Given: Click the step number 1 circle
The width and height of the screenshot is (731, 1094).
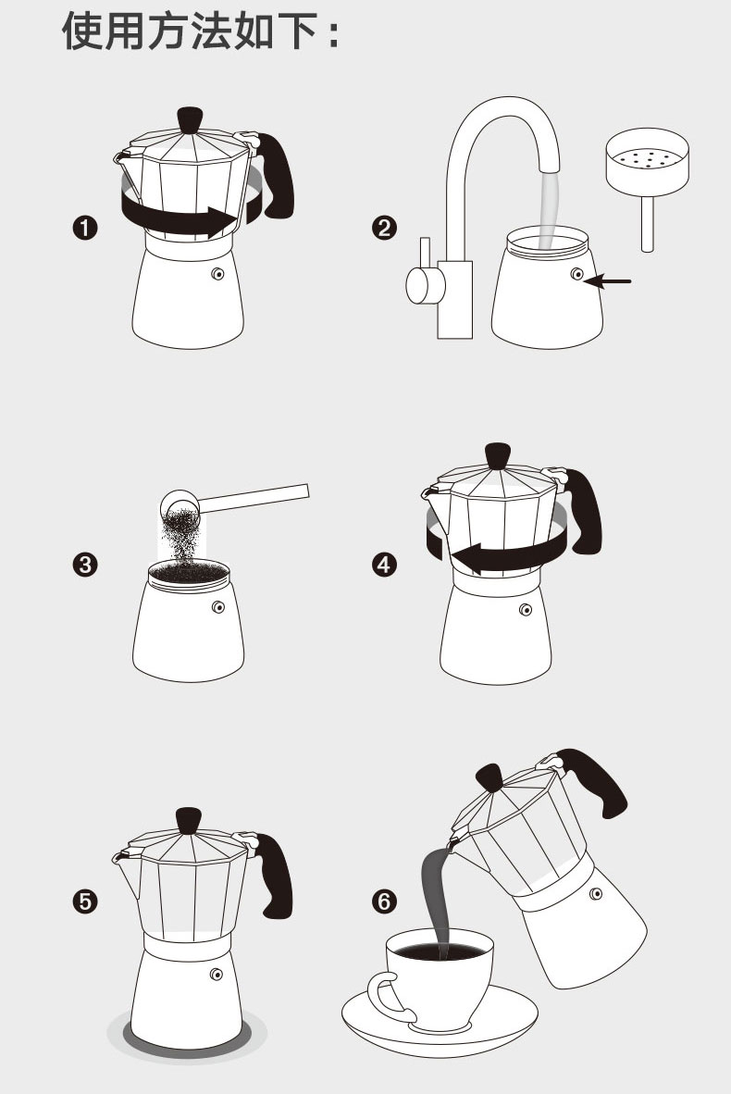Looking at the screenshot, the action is pos(85,229).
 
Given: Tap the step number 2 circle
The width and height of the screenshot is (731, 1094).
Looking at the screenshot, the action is pos(384,229).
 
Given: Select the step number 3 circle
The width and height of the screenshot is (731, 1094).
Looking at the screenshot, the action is pos(85,565).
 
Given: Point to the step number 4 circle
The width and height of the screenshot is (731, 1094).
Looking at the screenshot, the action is pos(384,565).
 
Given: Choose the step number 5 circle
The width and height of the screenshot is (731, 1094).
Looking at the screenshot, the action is pos(85,901).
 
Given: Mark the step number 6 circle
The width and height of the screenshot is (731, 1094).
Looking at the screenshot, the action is pos(384,901).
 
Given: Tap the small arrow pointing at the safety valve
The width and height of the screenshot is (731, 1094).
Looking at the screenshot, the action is pos(608,281).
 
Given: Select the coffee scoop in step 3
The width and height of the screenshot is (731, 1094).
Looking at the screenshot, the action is pos(234,500).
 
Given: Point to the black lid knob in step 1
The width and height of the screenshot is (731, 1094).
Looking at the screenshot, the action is pos(190,119).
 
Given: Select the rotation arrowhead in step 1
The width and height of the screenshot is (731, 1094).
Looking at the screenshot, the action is pos(223,222).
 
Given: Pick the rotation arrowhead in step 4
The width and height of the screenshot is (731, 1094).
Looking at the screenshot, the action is pos(466,557).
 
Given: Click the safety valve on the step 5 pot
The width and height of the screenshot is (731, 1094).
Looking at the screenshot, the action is pos(217,974).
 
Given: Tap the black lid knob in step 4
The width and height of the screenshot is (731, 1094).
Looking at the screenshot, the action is pos(497,455).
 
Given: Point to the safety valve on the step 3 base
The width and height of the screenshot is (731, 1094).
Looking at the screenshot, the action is pos(218,607).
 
